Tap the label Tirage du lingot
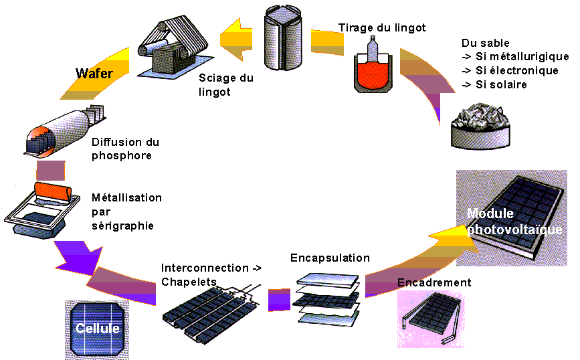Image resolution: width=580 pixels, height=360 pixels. [x=382, y=27]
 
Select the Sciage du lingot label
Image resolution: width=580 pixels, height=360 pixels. [x=226, y=84]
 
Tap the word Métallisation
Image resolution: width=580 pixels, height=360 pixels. [x=126, y=198]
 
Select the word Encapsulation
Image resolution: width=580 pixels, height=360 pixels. [x=330, y=258]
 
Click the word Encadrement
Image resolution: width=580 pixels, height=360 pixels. [x=434, y=282]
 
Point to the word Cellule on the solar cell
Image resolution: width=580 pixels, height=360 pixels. [x=97, y=329]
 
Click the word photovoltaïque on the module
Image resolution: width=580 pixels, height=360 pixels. [x=514, y=230]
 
